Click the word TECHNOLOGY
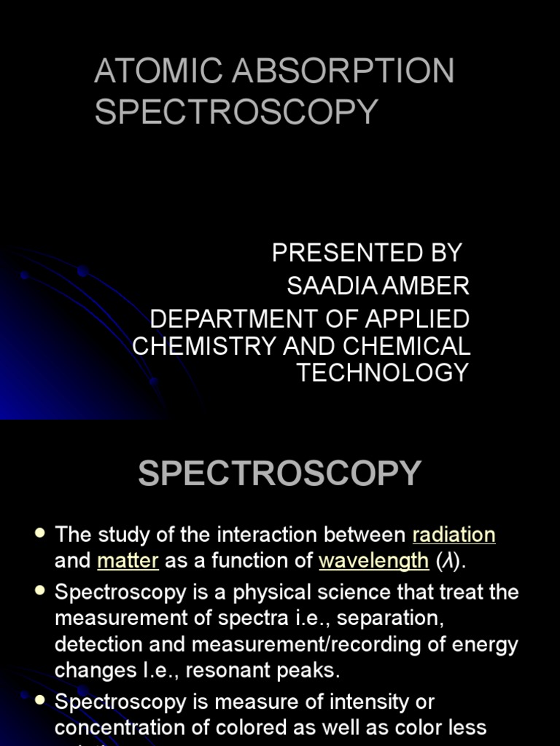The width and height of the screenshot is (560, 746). tap(383, 372)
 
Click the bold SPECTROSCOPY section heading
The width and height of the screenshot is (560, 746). tap(280, 474)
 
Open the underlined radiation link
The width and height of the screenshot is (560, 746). tap(454, 535)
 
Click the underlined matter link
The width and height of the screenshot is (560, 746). tap(128, 561)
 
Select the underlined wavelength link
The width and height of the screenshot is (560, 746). tap(373, 561)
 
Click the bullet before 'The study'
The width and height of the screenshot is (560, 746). tap(40, 534)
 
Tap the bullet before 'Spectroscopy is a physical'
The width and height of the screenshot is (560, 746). tap(40, 591)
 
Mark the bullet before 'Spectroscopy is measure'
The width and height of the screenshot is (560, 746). tap(40, 701)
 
